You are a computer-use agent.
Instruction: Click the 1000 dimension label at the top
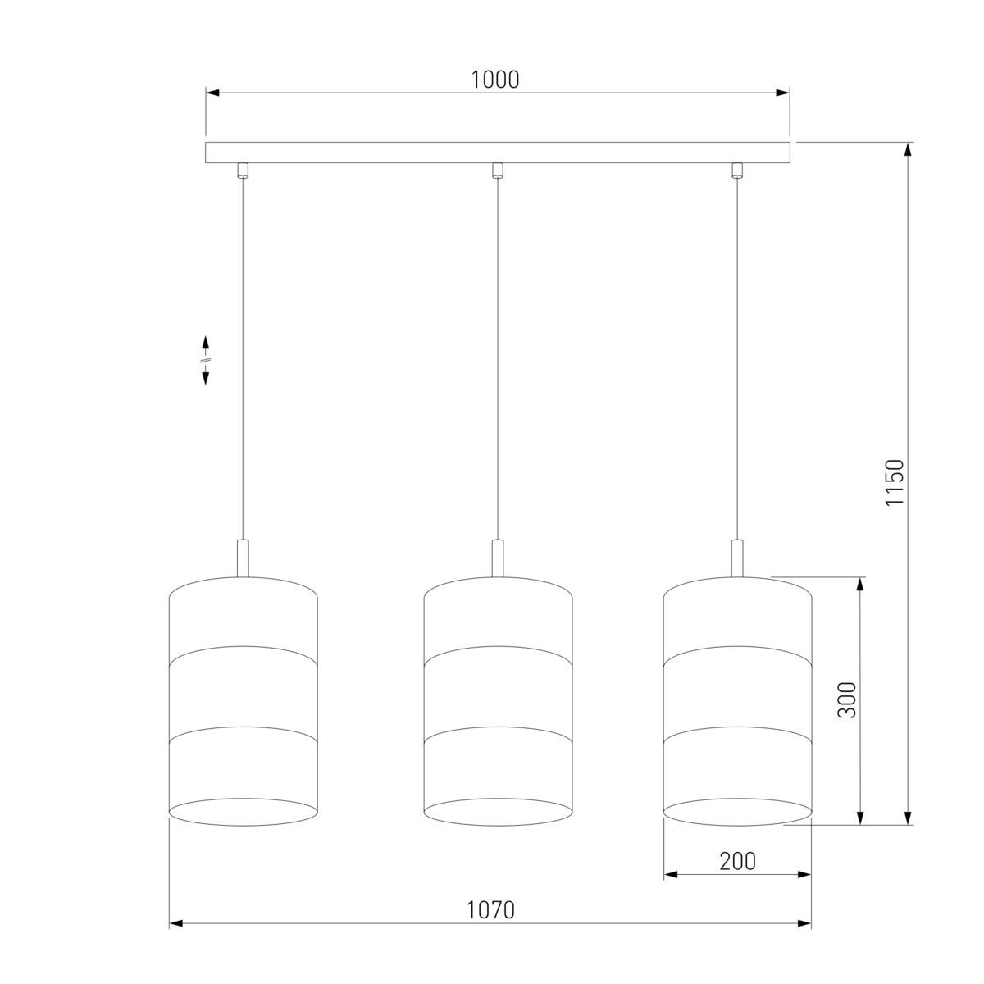click(x=494, y=80)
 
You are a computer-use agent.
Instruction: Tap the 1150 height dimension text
click(x=895, y=482)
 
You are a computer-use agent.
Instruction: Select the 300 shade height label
click(x=847, y=700)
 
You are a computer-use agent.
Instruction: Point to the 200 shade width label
click(x=737, y=862)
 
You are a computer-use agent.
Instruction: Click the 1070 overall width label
click(x=490, y=909)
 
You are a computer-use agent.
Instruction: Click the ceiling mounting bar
click(x=498, y=153)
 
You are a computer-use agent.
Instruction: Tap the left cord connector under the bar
click(x=243, y=170)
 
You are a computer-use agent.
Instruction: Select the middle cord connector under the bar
click(x=498, y=170)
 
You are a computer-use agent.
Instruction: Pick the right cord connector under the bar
click(x=736, y=170)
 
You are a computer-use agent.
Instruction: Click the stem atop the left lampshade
click(x=243, y=558)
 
